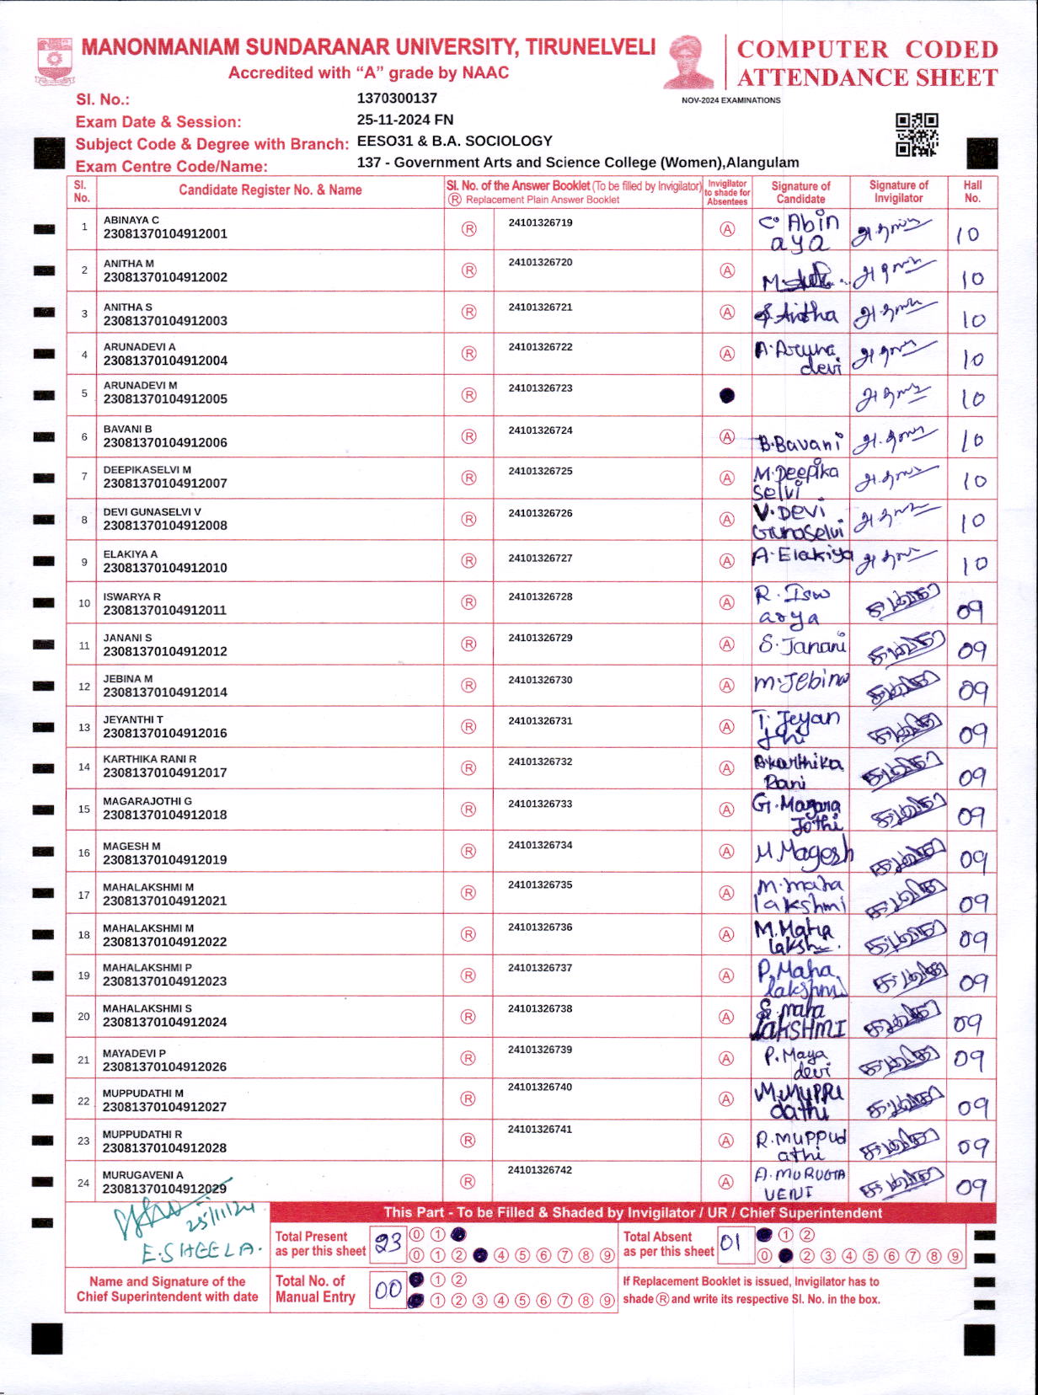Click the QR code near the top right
[917, 135]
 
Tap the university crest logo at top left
[55, 61]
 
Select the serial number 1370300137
[397, 99]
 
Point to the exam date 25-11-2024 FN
[404, 120]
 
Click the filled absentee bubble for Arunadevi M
[727, 395]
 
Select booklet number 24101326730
[540, 680]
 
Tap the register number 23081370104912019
[165, 860]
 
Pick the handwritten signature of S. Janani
[801, 645]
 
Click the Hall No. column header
[972, 191]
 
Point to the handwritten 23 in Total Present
[388, 1243]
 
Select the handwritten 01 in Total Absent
[730, 1243]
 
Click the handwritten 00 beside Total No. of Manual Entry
[388, 1290]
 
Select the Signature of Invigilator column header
[898, 191]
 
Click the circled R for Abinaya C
[469, 229]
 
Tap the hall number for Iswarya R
[971, 610]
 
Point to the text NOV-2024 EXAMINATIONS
[730, 100]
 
